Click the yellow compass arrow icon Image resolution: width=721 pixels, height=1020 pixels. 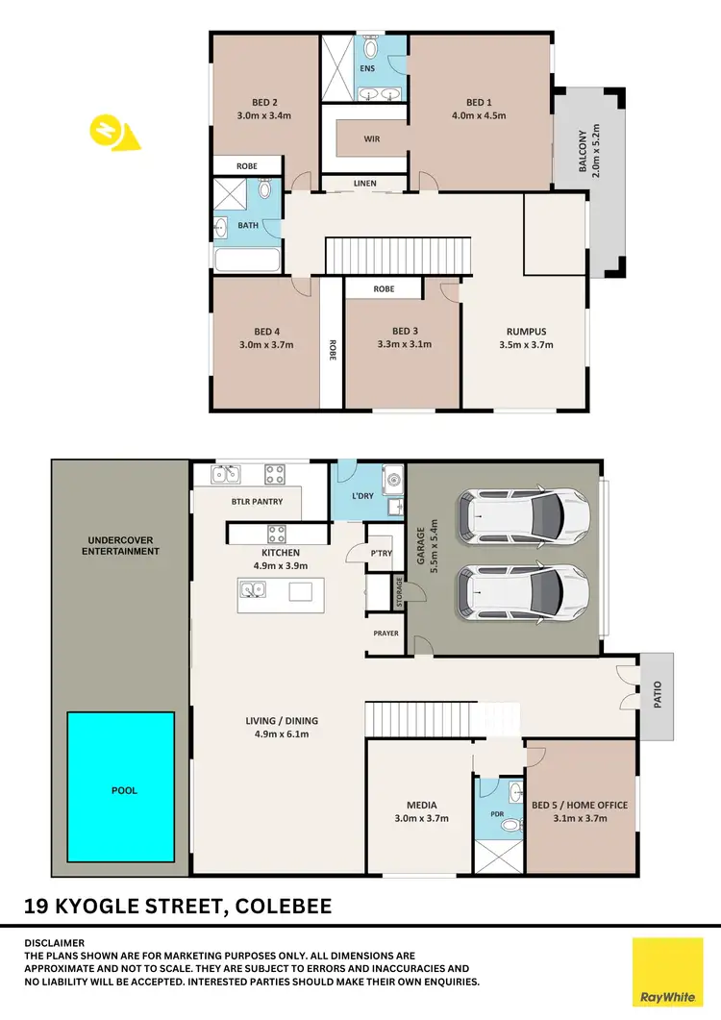pyautogui.click(x=113, y=133)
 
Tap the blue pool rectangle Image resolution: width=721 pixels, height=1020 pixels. pyautogui.click(x=121, y=785)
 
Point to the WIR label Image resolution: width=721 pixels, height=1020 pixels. pyautogui.click(x=372, y=139)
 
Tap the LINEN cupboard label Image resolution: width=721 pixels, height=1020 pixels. pyautogui.click(x=365, y=183)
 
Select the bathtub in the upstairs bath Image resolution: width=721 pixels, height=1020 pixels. pyautogui.click(x=247, y=261)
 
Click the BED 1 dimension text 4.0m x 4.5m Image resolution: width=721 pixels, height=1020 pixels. pyautogui.click(x=478, y=115)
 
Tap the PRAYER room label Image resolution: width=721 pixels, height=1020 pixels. pyautogui.click(x=386, y=634)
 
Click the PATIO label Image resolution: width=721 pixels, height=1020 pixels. pyautogui.click(x=659, y=696)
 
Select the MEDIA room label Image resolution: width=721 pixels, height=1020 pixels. pyautogui.click(x=421, y=806)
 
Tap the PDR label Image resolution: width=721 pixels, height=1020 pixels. pyautogui.click(x=497, y=813)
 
